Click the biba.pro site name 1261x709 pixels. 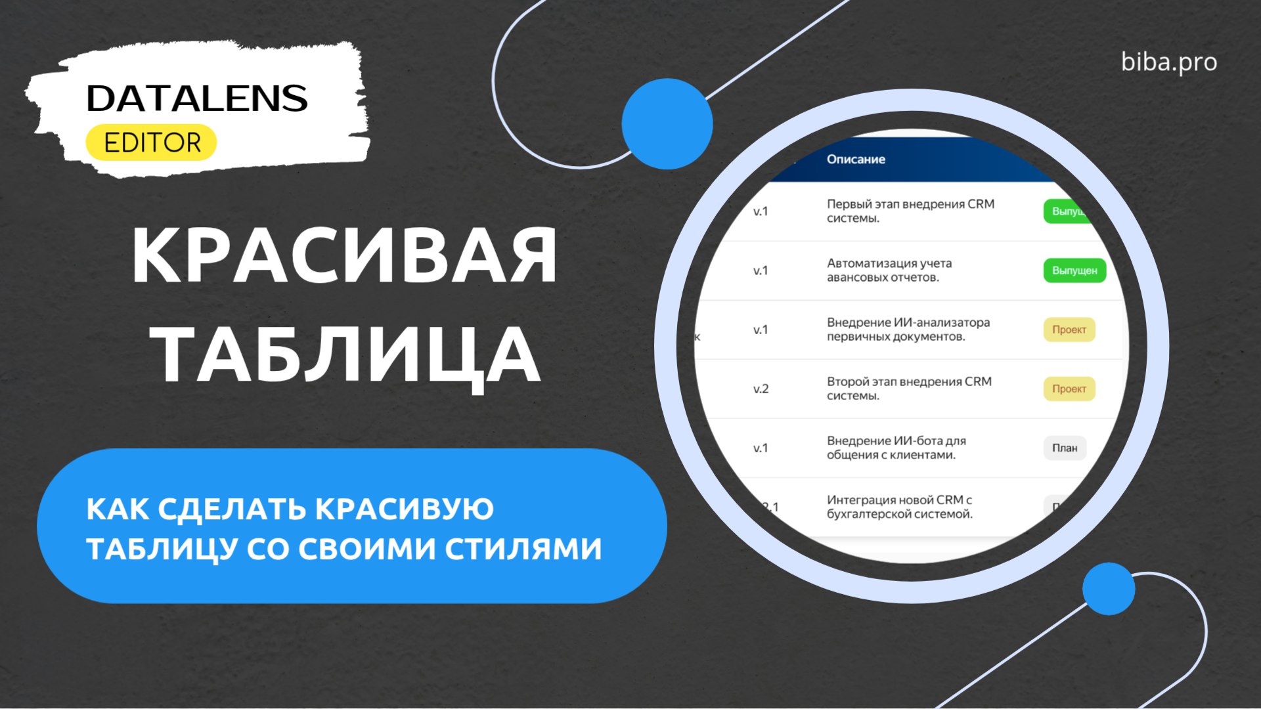tap(1168, 62)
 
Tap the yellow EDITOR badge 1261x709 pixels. tap(152, 142)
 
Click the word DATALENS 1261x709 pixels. tap(196, 98)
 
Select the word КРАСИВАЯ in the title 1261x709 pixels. tap(344, 255)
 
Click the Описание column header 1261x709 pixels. tap(856, 160)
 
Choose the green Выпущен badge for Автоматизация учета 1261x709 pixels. tap(1074, 270)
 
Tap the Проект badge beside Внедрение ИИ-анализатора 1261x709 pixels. tap(1069, 330)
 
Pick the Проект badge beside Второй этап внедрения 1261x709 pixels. tap(1069, 389)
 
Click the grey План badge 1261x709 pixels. tap(1065, 448)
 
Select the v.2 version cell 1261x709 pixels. tap(761, 389)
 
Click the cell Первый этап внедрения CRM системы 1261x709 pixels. tap(910, 211)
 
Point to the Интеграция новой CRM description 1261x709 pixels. tap(899, 507)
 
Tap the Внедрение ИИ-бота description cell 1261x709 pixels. tap(896, 448)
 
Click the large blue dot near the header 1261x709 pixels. tap(667, 123)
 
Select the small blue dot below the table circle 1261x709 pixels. tap(1109, 588)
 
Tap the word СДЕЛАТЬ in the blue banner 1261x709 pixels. tap(232, 509)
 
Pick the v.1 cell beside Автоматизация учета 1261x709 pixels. tap(761, 270)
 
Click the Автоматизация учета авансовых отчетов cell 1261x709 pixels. tap(889, 270)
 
